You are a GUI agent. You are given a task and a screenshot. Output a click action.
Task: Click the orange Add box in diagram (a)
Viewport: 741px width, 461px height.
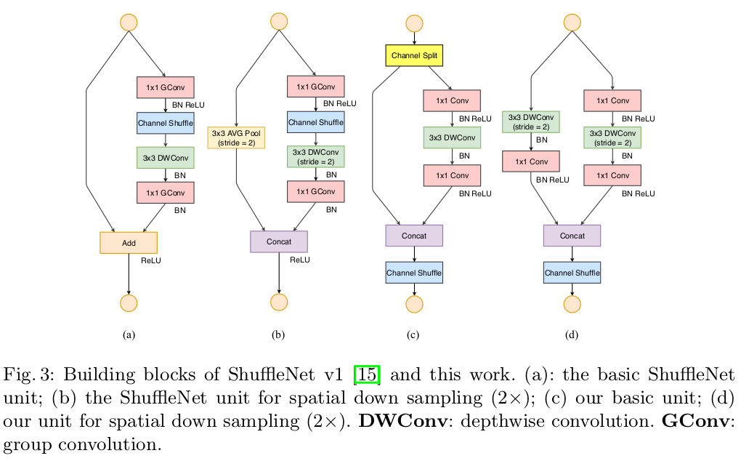(129, 242)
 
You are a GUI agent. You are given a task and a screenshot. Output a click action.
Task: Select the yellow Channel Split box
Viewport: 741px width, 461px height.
(414, 55)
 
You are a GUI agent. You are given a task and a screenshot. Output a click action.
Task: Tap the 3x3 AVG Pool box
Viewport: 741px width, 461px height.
(236, 137)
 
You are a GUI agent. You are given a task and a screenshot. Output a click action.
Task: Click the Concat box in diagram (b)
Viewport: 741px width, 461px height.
(279, 241)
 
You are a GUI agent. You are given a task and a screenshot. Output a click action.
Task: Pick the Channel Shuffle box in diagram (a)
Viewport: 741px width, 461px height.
(166, 123)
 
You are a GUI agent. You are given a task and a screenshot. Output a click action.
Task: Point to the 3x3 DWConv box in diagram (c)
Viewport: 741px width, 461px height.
(453, 137)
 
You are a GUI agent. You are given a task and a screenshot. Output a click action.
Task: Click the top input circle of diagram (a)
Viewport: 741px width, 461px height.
(129, 22)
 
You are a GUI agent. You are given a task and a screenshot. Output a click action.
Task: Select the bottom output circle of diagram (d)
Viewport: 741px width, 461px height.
(572, 303)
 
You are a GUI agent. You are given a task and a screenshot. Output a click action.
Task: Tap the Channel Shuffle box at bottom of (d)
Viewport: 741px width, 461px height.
(572, 273)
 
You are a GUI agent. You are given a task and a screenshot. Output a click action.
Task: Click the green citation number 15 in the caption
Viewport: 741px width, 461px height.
(366, 376)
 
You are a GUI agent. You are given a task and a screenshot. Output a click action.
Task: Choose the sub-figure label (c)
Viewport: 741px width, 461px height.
(413, 336)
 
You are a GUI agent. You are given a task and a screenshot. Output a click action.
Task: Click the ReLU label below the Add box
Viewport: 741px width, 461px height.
(150, 260)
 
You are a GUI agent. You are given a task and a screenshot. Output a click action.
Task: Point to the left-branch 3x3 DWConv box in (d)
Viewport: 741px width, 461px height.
(531, 121)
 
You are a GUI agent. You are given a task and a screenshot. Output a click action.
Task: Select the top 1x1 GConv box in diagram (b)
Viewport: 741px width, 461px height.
(315, 87)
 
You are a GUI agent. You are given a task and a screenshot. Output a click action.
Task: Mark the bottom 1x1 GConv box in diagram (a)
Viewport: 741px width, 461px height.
(166, 192)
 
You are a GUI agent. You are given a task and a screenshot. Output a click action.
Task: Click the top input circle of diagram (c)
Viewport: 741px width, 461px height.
(414, 22)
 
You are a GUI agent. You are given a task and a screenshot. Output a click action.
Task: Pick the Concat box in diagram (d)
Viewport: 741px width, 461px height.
(572, 236)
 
